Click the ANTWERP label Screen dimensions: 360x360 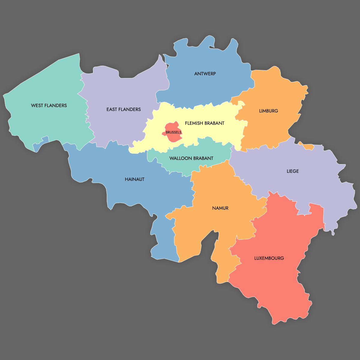(x=205, y=74)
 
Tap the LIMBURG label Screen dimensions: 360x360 (x=268, y=111)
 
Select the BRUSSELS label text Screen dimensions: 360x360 (x=173, y=132)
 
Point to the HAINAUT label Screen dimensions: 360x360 (x=135, y=179)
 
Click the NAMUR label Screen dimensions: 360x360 (x=220, y=208)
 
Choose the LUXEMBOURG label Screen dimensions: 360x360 (x=269, y=258)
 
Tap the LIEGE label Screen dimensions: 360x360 (x=292, y=171)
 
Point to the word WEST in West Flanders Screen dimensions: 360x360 (x=37, y=106)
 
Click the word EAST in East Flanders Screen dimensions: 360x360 (x=112, y=109)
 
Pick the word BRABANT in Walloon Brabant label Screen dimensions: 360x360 (x=203, y=158)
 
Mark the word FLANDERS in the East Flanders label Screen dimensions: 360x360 (x=130, y=109)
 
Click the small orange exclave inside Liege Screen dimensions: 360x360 (x=307, y=147)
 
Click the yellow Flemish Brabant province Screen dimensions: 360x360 (x=210, y=132)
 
